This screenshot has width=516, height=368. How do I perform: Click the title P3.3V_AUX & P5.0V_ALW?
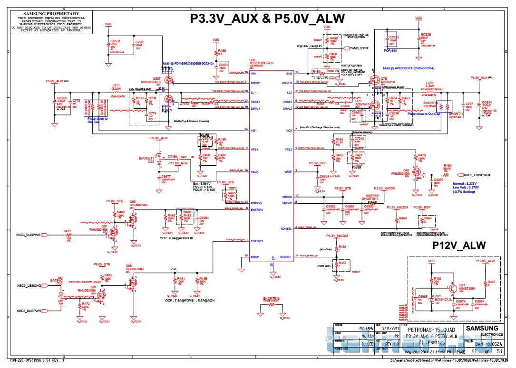point(267,19)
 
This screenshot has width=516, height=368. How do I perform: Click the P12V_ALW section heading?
point(459,245)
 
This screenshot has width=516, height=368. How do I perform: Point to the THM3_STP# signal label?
point(359,48)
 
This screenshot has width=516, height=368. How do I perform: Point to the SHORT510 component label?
point(271,299)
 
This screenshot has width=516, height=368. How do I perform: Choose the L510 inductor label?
point(428,85)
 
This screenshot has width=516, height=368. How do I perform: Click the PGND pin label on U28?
point(255,257)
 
